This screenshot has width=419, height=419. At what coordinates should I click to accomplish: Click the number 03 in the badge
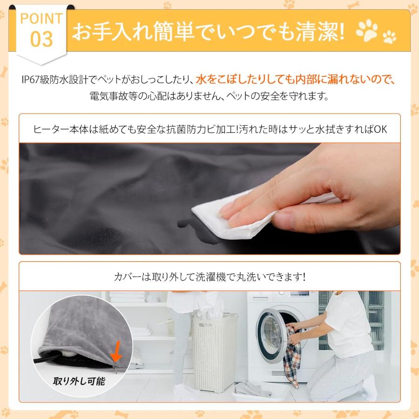[x=41, y=39]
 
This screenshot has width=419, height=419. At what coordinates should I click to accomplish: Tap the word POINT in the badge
[x=41, y=19]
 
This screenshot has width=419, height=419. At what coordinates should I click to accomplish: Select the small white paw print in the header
[x=389, y=37]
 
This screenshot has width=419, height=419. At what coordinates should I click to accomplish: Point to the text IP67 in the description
[x=30, y=80]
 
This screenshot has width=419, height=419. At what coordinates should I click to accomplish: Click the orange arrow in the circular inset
[x=116, y=351]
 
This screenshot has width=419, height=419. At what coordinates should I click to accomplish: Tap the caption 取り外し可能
[x=79, y=381]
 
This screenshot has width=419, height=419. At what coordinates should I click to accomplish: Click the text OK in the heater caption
[x=380, y=129]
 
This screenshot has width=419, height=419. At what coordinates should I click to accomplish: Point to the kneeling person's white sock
[x=370, y=388]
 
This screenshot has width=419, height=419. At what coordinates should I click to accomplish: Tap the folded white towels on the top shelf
[x=129, y=297]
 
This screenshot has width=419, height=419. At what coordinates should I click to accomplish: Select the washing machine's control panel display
[x=300, y=294]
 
